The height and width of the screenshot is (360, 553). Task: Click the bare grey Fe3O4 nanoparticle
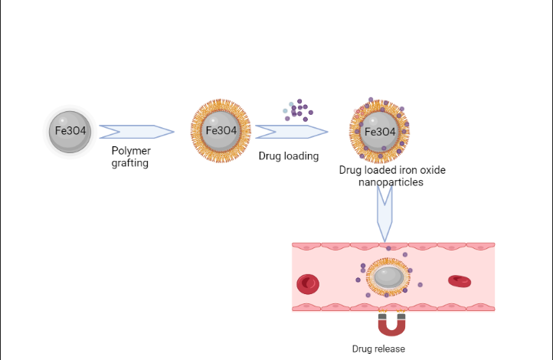point(70,131)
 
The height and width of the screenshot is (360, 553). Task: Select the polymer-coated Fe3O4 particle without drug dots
point(221,131)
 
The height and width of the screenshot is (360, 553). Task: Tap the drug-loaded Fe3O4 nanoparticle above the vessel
point(379,131)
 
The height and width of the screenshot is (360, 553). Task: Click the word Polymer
point(130,151)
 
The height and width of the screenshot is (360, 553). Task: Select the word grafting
point(130,162)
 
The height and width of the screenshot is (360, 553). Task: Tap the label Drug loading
point(289,156)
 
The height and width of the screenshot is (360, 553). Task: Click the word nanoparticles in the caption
point(391,182)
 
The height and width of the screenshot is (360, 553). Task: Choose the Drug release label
point(378,349)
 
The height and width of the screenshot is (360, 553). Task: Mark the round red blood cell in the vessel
point(308,283)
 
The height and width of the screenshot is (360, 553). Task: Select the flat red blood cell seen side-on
point(460,281)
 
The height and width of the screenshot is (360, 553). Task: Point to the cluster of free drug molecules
point(298,110)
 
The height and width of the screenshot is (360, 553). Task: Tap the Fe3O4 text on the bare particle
point(70,131)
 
